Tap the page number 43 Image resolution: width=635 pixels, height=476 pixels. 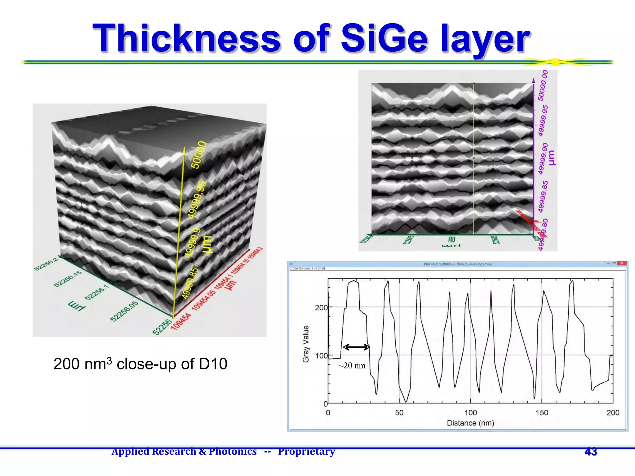[591, 452]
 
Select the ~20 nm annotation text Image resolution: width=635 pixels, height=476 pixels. [352, 366]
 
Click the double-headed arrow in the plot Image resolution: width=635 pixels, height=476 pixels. [356, 347]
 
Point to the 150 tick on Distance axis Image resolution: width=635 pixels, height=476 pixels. [542, 412]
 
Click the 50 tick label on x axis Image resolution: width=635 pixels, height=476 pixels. [399, 412]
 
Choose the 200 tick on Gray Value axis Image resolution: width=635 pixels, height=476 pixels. [321, 307]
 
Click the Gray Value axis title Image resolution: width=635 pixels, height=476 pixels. [306, 344]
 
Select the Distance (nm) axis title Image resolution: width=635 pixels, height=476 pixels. [470, 423]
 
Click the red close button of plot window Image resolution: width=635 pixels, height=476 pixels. [621, 263]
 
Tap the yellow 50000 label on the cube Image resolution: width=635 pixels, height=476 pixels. [198, 155]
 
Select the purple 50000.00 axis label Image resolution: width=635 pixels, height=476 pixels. [543, 86]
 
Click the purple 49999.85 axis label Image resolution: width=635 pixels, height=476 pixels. [543, 197]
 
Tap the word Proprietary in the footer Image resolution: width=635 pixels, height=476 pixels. [306, 452]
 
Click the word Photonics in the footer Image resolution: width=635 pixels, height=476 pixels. [233, 452]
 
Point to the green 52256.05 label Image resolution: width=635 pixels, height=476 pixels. [124, 311]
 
